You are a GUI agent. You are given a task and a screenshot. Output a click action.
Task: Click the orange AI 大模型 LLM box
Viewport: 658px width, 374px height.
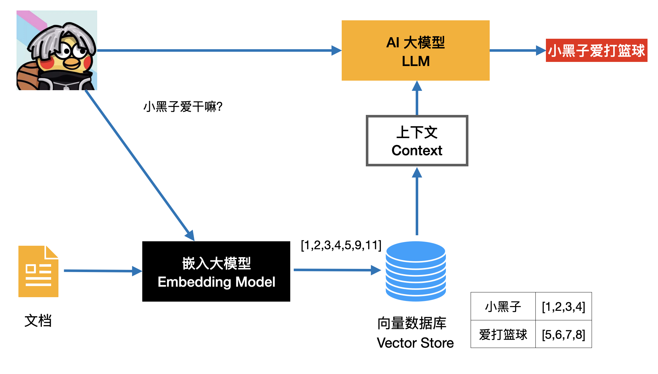415,50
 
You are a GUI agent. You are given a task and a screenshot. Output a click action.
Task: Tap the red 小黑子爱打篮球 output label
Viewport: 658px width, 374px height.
596,50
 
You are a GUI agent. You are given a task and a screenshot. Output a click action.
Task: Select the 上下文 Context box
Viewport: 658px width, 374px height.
417,141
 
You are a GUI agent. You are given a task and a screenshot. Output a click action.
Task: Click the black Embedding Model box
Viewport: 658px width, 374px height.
216,271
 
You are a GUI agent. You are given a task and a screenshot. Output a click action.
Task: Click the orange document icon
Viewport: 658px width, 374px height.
38,271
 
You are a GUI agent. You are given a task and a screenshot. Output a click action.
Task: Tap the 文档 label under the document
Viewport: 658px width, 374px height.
38,321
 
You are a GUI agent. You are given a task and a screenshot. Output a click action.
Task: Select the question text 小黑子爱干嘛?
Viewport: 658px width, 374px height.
183,107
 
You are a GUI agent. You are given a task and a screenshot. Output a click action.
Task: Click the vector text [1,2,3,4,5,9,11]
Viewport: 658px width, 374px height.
341,245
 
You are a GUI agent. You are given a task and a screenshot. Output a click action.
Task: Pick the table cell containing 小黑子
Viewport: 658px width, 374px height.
503,306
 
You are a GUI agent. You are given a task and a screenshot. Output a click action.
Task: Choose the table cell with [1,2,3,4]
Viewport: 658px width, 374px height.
563,306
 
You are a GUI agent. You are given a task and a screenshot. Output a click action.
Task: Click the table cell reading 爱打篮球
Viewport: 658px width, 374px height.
503,334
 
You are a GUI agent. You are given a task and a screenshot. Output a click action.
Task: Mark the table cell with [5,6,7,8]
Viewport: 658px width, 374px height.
563,334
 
